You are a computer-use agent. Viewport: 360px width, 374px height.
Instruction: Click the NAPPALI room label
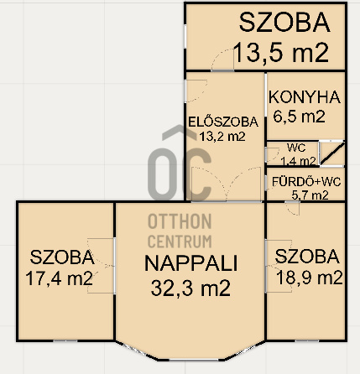(x=191, y=263)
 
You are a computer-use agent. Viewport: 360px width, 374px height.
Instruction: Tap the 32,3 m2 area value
(x=190, y=288)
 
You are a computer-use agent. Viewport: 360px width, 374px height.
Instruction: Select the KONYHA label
(x=305, y=97)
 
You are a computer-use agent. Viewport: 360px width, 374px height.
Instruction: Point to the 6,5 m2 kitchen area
(x=299, y=117)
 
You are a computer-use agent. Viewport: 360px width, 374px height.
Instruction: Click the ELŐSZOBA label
(x=223, y=122)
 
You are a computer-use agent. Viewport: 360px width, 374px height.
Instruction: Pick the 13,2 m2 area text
(x=222, y=137)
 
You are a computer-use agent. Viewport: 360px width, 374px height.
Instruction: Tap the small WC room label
(x=296, y=148)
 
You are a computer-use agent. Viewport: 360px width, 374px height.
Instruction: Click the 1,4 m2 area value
(x=298, y=161)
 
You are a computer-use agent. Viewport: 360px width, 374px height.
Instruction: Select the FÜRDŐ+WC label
(x=306, y=182)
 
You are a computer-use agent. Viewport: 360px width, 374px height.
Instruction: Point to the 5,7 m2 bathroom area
(x=310, y=195)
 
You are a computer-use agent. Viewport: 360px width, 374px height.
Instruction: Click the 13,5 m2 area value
(x=280, y=53)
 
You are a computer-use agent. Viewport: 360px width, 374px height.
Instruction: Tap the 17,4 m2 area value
(x=59, y=278)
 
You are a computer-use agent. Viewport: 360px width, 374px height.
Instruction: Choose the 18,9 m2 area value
(x=309, y=278)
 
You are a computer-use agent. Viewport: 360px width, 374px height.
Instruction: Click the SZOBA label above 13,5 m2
(x=284, y=22)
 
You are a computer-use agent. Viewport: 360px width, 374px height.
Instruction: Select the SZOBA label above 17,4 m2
(x=62, y=257)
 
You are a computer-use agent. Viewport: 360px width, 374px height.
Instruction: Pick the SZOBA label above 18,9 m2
(x=307, y=257)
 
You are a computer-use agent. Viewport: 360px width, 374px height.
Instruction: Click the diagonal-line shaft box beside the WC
(x=332, y=153)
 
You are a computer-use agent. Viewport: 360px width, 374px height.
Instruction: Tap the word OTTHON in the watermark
(x=180, y=221)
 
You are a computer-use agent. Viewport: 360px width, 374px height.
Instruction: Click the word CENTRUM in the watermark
(x=180, y=242)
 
